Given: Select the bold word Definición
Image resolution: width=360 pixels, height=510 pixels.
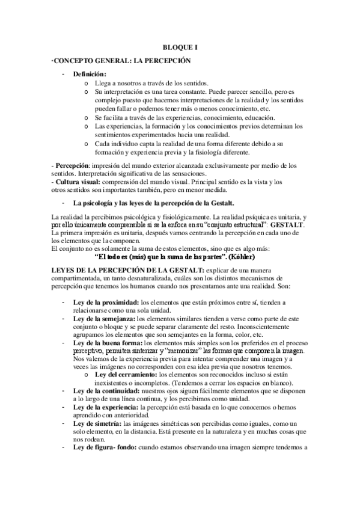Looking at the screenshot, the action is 90,74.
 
